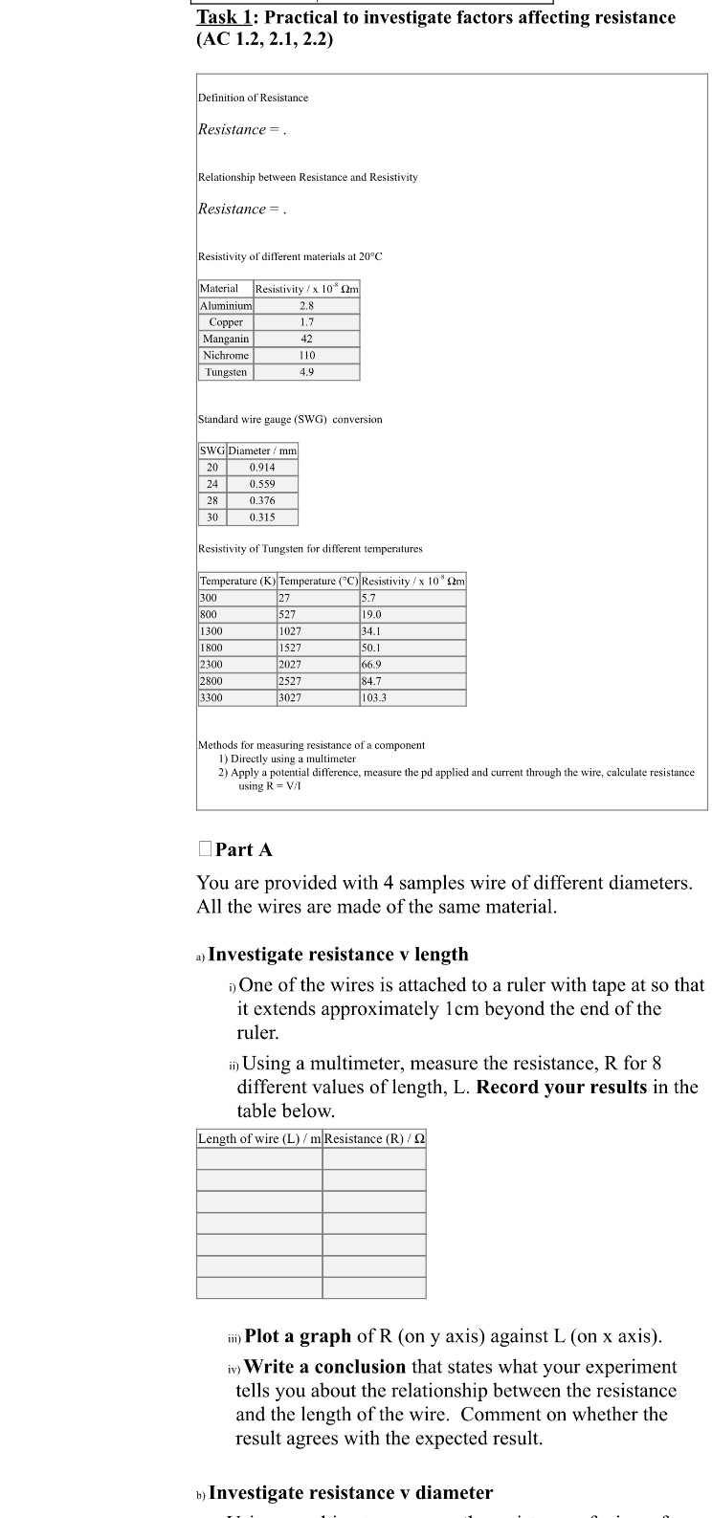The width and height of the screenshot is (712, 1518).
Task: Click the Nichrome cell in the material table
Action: [226, 355]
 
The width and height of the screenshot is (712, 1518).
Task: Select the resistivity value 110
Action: [306, 355]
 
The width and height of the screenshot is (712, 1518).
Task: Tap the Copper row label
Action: [226, 322]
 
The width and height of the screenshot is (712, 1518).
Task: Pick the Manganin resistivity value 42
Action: [306, 339]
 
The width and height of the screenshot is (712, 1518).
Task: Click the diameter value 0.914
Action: [262, 467]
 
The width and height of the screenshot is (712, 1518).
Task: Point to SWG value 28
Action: [211, 500]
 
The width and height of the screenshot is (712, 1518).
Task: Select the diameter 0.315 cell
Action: [262, 517]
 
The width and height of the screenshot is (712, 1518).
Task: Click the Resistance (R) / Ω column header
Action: [374, 1138]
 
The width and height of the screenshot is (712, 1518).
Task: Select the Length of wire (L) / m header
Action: [259, 1138]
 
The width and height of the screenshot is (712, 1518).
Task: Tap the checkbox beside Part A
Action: [204, 848]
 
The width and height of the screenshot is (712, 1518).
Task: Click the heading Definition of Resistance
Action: [253, 98]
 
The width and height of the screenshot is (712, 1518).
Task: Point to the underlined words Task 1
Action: [225, 17]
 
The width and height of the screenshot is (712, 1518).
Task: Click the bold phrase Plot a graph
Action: [298, 1336]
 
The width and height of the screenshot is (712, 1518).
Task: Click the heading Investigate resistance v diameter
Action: [350, 1493]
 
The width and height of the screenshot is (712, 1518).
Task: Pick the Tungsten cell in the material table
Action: [226, 372]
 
